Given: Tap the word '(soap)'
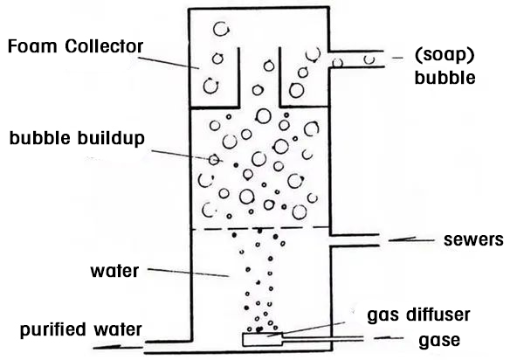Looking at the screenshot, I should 445,55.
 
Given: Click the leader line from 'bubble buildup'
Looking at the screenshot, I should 175,150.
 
